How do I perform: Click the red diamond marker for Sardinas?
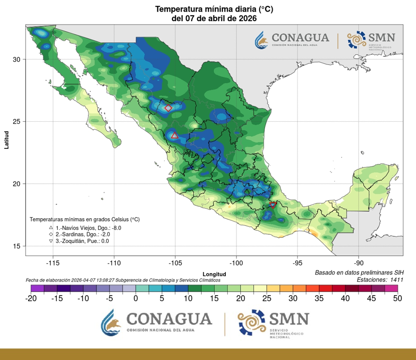tap(169, 108)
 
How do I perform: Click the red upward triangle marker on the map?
tap(175, 135)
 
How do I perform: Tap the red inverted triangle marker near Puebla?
tap(273, 205)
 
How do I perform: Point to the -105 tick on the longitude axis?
tap(175, 263)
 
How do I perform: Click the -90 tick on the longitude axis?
tap(358, 263)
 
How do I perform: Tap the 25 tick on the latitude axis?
tap(17, 121)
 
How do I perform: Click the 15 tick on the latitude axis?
tap(17, 246)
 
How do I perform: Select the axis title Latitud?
tap(7, 139)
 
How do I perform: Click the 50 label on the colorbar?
tap(397, 298)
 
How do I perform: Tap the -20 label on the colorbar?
tap(31, 298)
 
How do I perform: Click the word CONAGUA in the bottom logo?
tap(168, 319)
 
